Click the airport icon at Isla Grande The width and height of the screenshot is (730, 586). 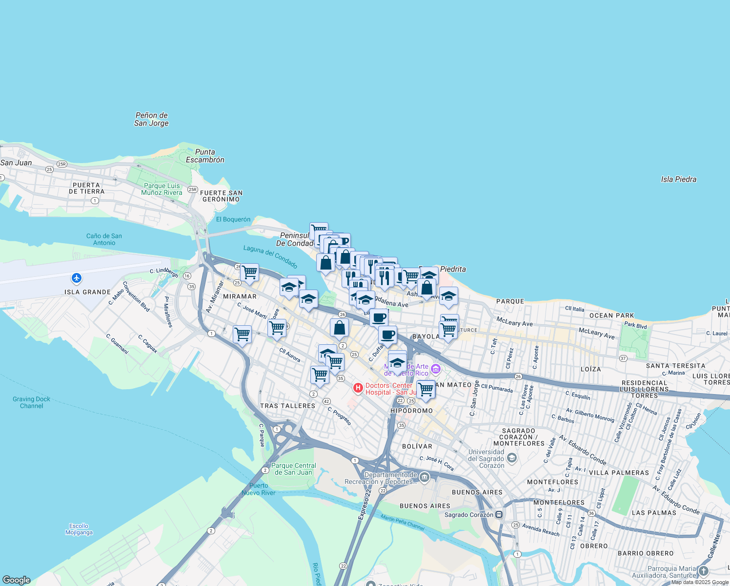[x=76, y=278]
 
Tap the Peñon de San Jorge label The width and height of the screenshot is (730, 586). [x=151, y=119]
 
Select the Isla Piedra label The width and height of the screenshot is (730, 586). [x=678, y=179]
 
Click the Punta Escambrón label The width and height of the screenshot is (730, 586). [x=205, y=156]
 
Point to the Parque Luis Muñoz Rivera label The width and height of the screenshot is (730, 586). [x=162, y=189]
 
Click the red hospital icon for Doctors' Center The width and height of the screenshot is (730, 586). [x=358, y=388]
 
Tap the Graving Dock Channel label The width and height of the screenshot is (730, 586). [x=31, y=402]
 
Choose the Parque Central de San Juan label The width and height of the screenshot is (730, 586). [x=293, y=469]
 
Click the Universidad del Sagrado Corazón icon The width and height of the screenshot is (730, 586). [x=511, y=458]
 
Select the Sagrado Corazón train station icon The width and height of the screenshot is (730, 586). [x=499, y=514]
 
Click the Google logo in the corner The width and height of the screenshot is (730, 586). [x=17, y=580]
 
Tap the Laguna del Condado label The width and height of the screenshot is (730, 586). [x=270, y=256]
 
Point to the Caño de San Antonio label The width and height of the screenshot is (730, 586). [x=104, y=239]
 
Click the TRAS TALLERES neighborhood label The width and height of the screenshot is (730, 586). [x=287, y=406]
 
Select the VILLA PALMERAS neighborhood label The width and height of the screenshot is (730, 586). [x=619, y=473]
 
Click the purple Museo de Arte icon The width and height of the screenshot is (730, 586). [x=436, y=369]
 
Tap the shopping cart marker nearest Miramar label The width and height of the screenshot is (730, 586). [x=249, y=272]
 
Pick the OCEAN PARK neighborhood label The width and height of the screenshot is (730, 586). [x=611, y=315]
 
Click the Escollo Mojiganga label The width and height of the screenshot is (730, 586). [x=79, y=529]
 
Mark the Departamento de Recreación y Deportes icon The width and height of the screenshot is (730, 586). [x=424, y=477]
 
